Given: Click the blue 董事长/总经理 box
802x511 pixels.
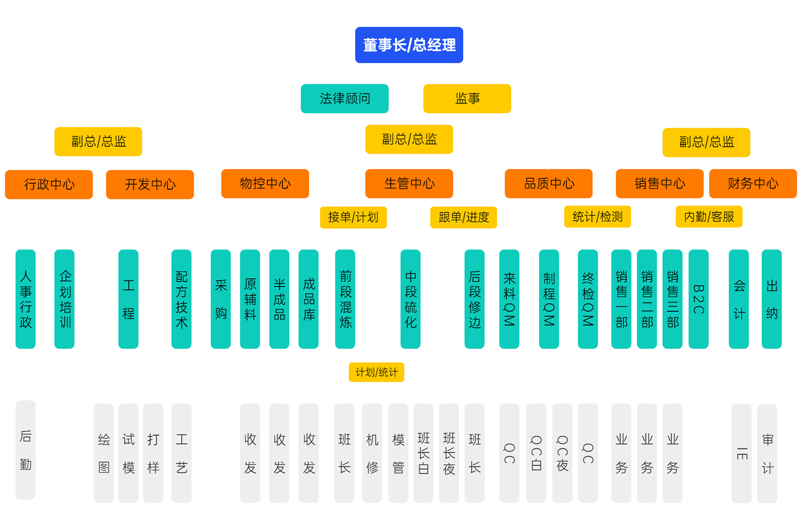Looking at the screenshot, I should click(409, 45).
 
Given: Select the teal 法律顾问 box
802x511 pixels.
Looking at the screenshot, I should click(344, 98).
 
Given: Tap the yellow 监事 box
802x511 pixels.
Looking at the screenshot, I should click(467, 98).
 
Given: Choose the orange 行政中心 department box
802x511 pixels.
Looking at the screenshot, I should click(49, 184).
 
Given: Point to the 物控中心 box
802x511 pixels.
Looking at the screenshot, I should click(265, 183).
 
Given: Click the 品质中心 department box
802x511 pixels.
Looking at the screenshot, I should click(548, 183).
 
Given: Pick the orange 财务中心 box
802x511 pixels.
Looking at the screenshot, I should click(752, 183).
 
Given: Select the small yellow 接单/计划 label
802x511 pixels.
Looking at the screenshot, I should click(353, 217).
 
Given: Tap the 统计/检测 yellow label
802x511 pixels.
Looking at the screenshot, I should click(597, 216).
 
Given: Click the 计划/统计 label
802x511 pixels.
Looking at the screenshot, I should click(376, 372).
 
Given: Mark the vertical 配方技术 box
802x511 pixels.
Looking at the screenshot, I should click(181, 299).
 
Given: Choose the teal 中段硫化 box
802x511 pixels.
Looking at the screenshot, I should click(410, 299).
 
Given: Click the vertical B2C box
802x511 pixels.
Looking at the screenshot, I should click(698, 299).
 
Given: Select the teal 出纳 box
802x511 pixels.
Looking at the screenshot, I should click(771, 299).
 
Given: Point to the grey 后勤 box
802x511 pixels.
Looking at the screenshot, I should click(26, 450).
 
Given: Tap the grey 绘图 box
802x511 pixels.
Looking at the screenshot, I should click(104, 453).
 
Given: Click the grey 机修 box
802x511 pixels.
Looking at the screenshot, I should click(372, 453).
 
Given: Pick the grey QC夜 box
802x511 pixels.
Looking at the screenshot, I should click(562, 453).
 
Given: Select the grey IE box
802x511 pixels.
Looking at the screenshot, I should click(741, 453).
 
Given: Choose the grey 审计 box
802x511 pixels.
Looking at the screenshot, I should click(767, 453).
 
